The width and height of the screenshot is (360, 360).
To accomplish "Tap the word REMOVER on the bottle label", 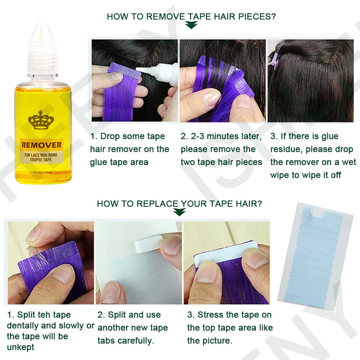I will [41, 145].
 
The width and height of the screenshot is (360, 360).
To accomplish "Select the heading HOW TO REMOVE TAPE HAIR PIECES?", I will [192, 16].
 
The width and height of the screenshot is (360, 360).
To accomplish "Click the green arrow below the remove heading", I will [191, 25].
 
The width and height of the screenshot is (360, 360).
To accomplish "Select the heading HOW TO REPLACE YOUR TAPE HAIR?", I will [179, 203].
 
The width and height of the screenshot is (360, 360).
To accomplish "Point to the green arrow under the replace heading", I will [179, 212].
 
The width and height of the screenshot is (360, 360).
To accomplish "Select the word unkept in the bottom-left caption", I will [21, 347].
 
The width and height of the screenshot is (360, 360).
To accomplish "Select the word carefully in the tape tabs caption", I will [134, 341].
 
